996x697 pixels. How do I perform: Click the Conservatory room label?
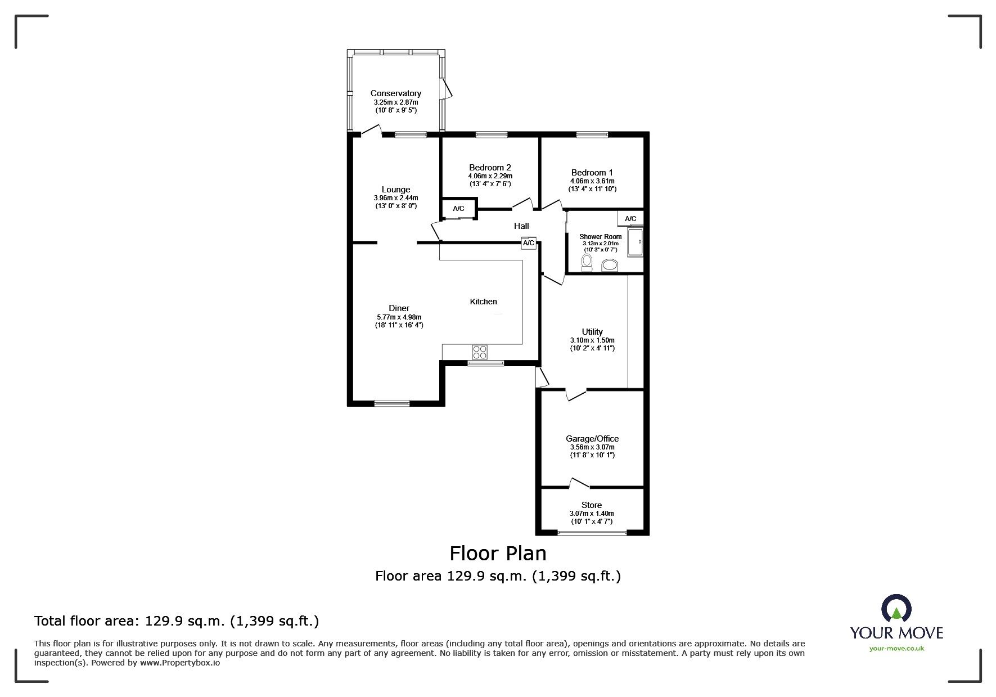(x=395, y=93)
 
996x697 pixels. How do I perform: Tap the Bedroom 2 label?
(x=490, y=168)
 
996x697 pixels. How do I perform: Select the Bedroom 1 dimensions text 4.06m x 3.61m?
(x=592, y=181)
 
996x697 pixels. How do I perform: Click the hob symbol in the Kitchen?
(x=480, y=353)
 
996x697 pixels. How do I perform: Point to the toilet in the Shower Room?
(x=587, y=262)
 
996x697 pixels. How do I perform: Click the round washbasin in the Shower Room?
(x=609, y=264)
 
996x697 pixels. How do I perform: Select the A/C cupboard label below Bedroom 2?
(x=458, y=209)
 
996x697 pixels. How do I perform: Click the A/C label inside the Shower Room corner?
(x=630, y=219)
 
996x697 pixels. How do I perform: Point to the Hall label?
(x=521, y=226)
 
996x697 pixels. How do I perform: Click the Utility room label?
(x=592, y=332)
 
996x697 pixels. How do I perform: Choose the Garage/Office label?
(x=592, y=439)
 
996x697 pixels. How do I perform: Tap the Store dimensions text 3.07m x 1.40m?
(x=592, y=514)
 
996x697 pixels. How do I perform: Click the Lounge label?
(x=396, y=190)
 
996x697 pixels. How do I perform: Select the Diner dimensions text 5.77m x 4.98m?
(x=399, y=317)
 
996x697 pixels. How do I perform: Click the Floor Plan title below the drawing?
(x=498, y=554)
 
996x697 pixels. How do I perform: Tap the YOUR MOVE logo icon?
(x=896, y=609)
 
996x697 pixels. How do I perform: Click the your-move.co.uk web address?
(x=896, y=649)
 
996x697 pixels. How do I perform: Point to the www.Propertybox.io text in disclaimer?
(x=180, y=663)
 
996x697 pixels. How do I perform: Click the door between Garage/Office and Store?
(x=579, y=483)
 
